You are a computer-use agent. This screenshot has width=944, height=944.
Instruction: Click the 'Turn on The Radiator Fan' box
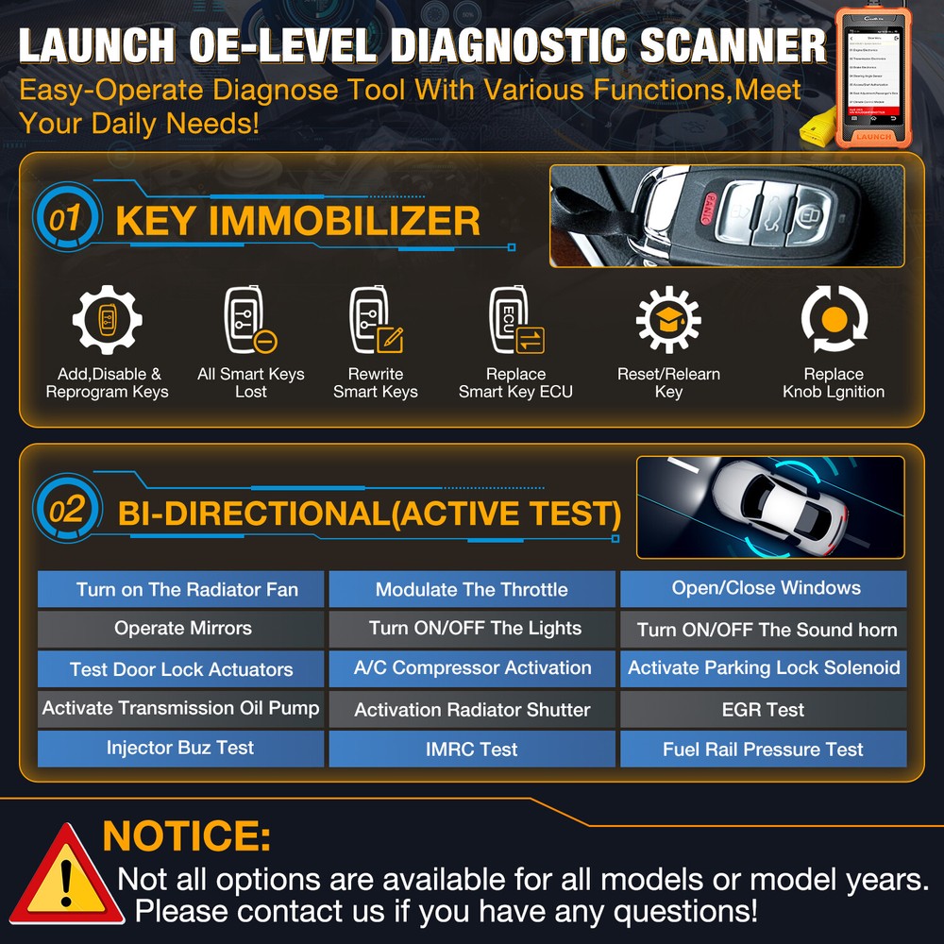[180, 589]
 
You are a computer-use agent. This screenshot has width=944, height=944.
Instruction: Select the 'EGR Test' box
[763, 709]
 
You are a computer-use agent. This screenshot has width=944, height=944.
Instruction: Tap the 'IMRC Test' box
[471, 749]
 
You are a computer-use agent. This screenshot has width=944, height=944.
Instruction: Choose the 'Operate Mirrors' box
[180, 629]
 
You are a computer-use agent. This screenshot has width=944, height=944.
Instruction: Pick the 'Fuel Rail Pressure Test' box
[763, 749]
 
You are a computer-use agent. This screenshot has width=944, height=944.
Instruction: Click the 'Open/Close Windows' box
[763, 588]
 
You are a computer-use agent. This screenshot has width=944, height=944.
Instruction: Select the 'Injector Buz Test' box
[180, 748]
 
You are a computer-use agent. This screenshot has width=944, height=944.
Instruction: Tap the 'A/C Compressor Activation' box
[471, 668]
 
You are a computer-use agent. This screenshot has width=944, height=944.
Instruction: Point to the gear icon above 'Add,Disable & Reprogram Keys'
[107, 322]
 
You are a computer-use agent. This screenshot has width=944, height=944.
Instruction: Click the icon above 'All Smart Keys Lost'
[249, 321]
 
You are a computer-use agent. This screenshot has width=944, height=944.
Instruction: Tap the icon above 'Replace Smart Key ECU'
[515, 321]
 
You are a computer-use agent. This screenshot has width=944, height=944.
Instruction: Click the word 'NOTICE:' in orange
[186, 836]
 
